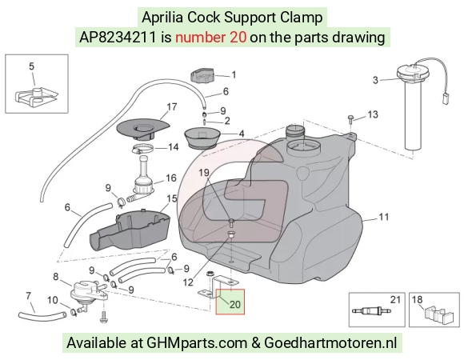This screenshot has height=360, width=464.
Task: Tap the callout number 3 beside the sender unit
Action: [375, 80]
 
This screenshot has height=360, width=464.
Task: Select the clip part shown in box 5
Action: [36, 97]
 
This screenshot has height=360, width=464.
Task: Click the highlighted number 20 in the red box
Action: [235, 304]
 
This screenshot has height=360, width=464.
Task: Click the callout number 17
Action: [172, 106]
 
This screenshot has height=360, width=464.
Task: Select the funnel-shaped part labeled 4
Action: [202, 138]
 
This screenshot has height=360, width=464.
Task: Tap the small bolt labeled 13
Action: [350, 118]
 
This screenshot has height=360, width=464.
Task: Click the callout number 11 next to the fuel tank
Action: [384, 217]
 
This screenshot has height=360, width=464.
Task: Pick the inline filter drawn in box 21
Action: [371, 311]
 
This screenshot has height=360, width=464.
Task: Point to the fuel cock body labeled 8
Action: [87, 292]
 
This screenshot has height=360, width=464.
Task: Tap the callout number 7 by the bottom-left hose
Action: [29, 295]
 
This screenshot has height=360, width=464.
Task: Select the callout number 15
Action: [172, 198]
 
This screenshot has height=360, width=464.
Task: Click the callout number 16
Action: [171, 178]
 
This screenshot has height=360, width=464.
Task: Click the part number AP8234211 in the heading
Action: [118, 38]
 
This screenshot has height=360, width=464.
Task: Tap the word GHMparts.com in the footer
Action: [197, 343]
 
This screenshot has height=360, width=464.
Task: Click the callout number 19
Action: [204, 173]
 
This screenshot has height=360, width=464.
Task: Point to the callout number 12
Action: [188, 282]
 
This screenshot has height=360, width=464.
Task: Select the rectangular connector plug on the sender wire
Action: [445, 98]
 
